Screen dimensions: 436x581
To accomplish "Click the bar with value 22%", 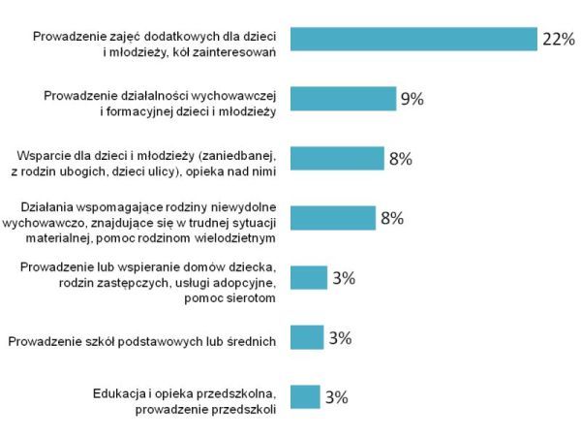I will click(x=413, y=39).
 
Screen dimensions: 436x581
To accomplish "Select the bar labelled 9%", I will click(x=343, y=99).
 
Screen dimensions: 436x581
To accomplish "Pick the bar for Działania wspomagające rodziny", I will click(x=333, y=217).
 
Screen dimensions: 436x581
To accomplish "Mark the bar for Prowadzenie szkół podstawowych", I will click(x=307, y=337).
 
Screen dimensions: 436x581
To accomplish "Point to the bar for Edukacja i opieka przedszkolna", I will click(x=305, y=396).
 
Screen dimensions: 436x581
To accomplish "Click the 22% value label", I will click(x=559, y=40).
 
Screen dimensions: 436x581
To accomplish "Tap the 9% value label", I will click(x=413, y=100).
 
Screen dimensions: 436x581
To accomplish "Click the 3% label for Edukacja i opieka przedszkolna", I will click(x=336, y=397).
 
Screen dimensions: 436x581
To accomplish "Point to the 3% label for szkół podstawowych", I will click(x=339, y=338).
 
